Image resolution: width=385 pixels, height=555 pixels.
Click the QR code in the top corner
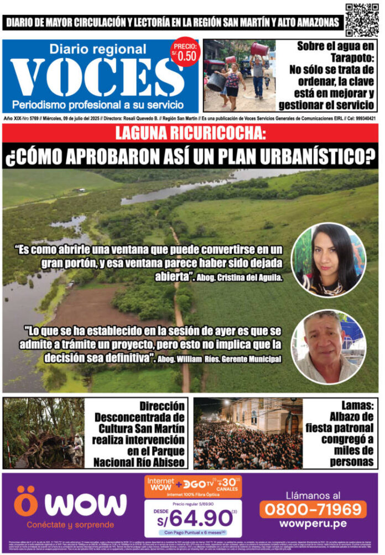(x=362, y=19)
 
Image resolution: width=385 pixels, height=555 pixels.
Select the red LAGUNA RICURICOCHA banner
(x=190, y=133)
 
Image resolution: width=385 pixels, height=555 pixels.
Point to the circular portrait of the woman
(x=328, y=259)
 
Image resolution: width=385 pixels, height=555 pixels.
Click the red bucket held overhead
(x=258, y=49)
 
